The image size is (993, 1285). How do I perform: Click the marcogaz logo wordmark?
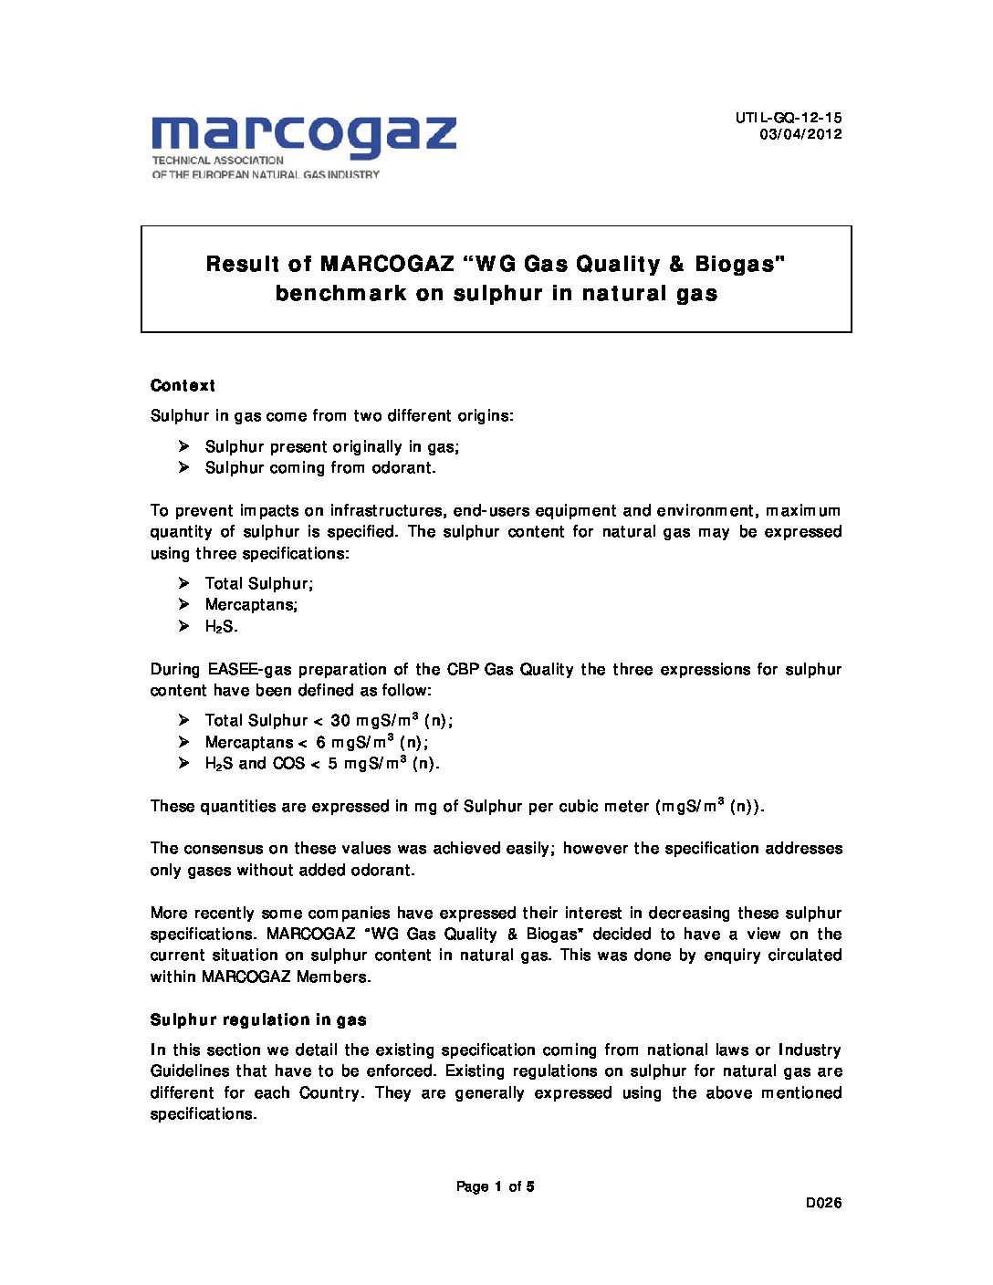pos(304,135)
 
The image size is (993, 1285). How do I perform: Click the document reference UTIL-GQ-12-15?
pos(789,118)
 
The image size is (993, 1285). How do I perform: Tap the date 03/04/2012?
pos(800,134)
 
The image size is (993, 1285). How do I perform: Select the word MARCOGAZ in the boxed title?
pos(387,264)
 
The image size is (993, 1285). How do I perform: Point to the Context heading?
pos(183,385)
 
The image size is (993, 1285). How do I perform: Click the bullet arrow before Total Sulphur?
pos(183,583)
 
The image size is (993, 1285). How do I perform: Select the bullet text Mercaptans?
pos(251,604)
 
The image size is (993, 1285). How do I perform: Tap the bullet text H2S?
pos(221,626)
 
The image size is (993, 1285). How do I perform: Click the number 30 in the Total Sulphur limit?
pos(340,720)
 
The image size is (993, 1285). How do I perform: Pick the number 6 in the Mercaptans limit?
pos(321,742)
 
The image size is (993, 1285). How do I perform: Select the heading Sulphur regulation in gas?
pos(258,1019)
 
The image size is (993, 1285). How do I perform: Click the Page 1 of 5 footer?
pos(496,1186)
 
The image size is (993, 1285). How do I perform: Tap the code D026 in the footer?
pos(823,1203)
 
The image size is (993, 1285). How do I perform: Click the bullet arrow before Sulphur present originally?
pos(183,446)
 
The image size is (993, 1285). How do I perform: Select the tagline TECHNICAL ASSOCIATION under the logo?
pos(218,160)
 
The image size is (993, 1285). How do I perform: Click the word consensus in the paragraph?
pos(228,848)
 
